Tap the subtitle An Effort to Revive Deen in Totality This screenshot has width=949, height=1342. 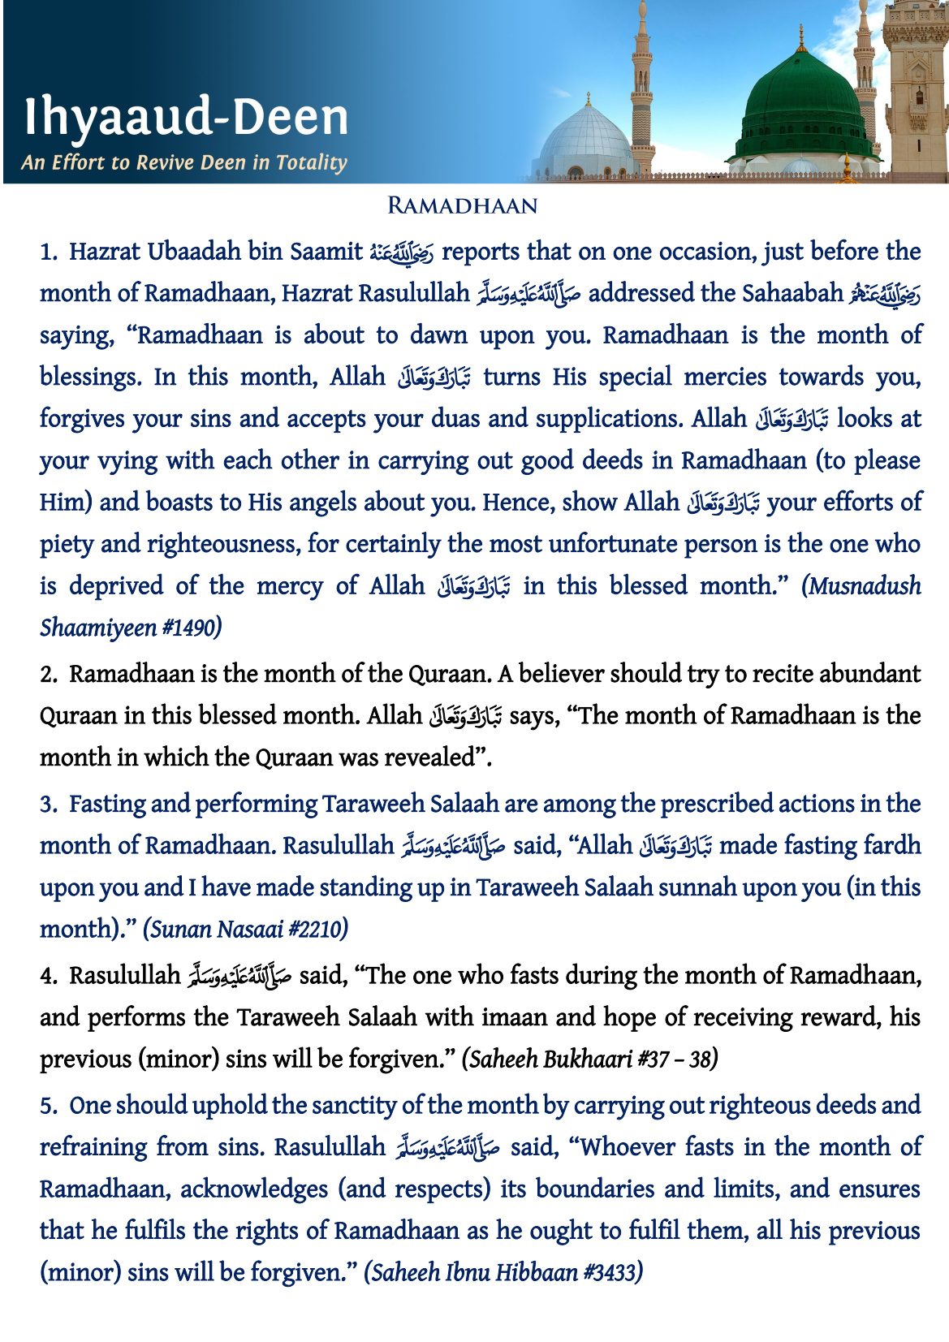(184, 162)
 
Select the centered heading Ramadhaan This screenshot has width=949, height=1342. (463, 205)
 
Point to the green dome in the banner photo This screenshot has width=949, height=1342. (804, 106)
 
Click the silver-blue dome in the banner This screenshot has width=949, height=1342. (584, 138)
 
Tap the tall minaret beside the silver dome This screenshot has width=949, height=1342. (642, 89)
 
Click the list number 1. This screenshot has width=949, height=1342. (48, 252)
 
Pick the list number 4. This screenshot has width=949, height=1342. (48, 976)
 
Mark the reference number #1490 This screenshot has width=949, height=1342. (188, 628)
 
